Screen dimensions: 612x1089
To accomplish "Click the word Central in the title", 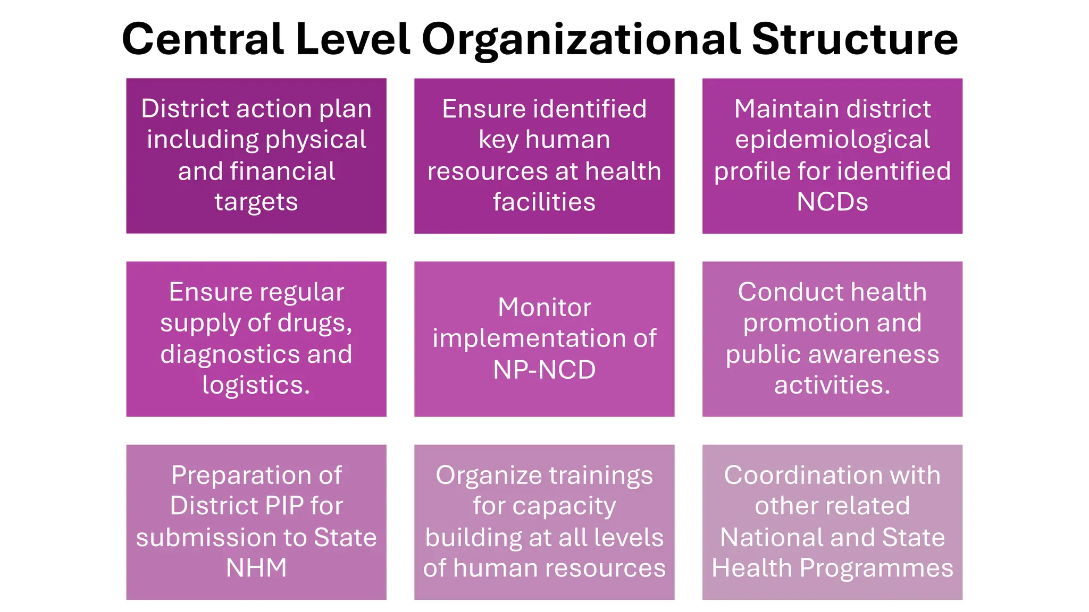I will coord(202,39).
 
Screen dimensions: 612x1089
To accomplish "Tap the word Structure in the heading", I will coord(855,39).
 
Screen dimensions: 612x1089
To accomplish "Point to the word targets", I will coord(256,202).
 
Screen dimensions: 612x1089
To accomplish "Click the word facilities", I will coord(544,202).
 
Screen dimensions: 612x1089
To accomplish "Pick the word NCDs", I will coord(832,202).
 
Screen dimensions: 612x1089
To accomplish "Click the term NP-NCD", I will coord(544,370).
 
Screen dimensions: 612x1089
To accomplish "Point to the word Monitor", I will coord(544,308).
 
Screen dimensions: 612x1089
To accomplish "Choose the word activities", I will coord(832,385).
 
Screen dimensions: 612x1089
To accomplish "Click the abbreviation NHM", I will coord(256,568).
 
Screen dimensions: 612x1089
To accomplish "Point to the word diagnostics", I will coord(229,354).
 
